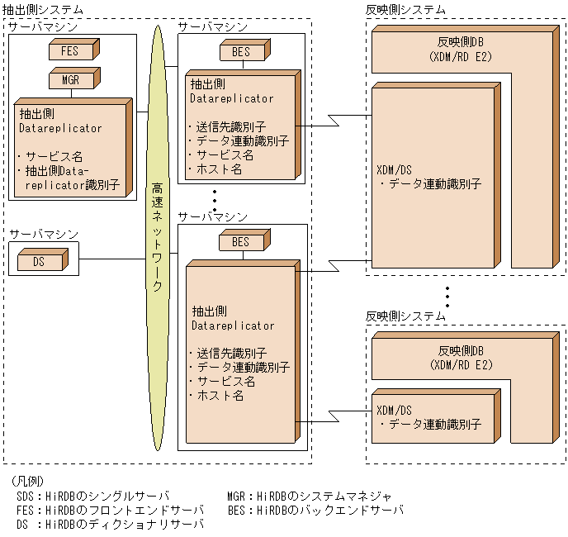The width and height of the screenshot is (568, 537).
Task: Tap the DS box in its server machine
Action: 40,262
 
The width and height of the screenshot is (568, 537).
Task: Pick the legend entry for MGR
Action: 309,496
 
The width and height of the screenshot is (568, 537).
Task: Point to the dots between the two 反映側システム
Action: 447,295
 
